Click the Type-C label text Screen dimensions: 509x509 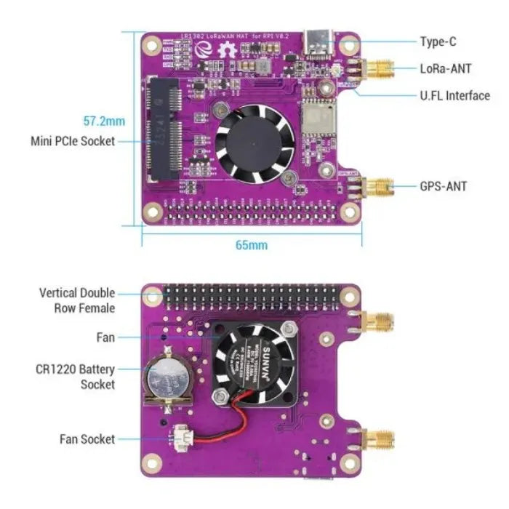(438, 42)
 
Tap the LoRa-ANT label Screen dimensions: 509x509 (445, 69)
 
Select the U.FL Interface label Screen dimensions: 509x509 (454, 96)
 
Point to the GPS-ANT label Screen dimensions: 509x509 (443, 186)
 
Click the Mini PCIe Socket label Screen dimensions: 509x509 (73, 141)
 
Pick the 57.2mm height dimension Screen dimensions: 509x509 (104, 121)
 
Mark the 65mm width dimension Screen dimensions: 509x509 (251, 245)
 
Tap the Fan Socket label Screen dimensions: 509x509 (87, 438)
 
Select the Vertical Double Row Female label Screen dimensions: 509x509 (77, 300)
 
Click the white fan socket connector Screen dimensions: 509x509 (178, 438)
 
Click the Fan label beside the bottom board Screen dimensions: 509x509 (105, 338)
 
